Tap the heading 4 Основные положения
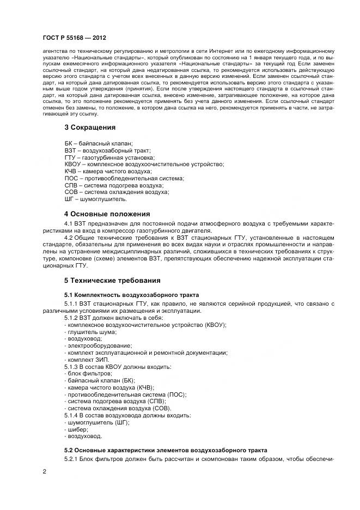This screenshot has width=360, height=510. click(x=107, y=214)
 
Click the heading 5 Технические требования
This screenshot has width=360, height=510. click(x=113, y=281)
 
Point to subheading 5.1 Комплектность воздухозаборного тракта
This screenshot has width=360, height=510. click(x=132, y=295)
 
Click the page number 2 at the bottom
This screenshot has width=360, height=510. click(x=44, y=471)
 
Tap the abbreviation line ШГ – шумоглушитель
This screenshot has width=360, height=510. click(x=95, y=199)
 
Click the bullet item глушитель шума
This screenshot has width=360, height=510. click(x=90, y=331)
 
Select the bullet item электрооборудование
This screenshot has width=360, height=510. click(x=97, y=345)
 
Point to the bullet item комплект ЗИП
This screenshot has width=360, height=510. click(x=87, y=360)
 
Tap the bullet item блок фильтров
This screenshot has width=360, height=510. click(x=88, y=374)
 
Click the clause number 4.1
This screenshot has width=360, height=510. click(x=69, y=224)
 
